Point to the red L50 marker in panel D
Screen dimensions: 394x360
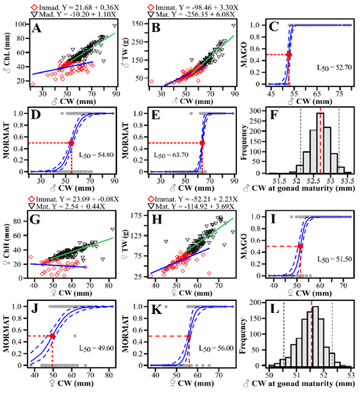72,143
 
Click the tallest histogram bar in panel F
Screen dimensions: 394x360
320,144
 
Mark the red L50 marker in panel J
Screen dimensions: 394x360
53,336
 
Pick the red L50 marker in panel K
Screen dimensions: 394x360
190,336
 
